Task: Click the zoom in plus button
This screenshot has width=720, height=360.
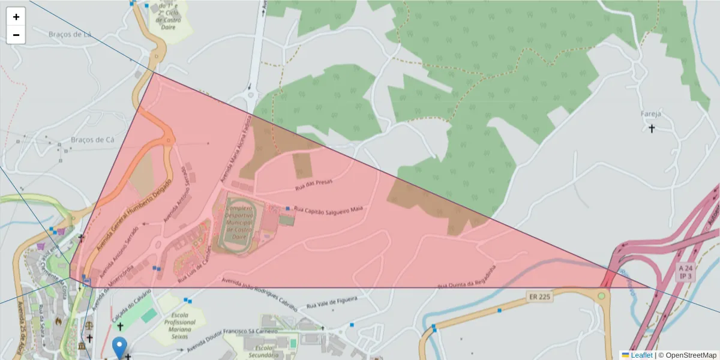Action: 16,17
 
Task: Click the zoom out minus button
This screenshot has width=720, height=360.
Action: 16,35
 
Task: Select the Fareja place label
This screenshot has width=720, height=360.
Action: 650,113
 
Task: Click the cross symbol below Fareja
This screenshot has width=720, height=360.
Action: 652,128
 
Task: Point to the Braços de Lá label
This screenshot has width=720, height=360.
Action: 70,34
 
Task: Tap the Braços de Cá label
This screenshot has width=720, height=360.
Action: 92,140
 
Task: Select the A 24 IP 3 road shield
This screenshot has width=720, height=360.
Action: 685,271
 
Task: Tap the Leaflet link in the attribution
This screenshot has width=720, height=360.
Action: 641,355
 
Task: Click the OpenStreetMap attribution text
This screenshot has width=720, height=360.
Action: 687,355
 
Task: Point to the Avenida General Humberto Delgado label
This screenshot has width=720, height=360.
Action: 131,223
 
